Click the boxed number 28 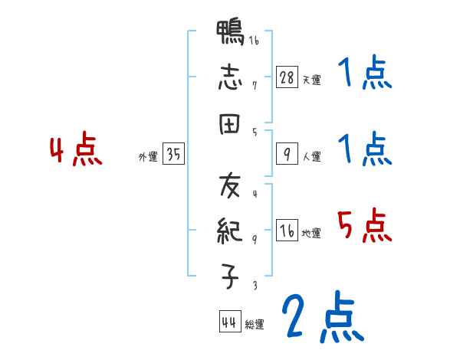pyautogui.click(x=287, y=77)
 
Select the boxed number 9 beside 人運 pyautogui.click(x=287, y=155)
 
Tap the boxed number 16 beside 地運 pyautogui.click(x=287, y=231)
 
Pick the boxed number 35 pyautogui.click(x=173, y=155)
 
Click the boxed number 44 pyautogui.click(x=228, y=322)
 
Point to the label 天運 pyautogui.click(x=311, y=80)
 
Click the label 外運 pyautogui.click(x=148, y=157)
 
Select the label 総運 pyautogui.click(x=255, y=324)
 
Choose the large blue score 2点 pyautogui.click(x=322, y=316)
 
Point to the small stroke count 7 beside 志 pyautogui.click(x=254, y=84)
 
